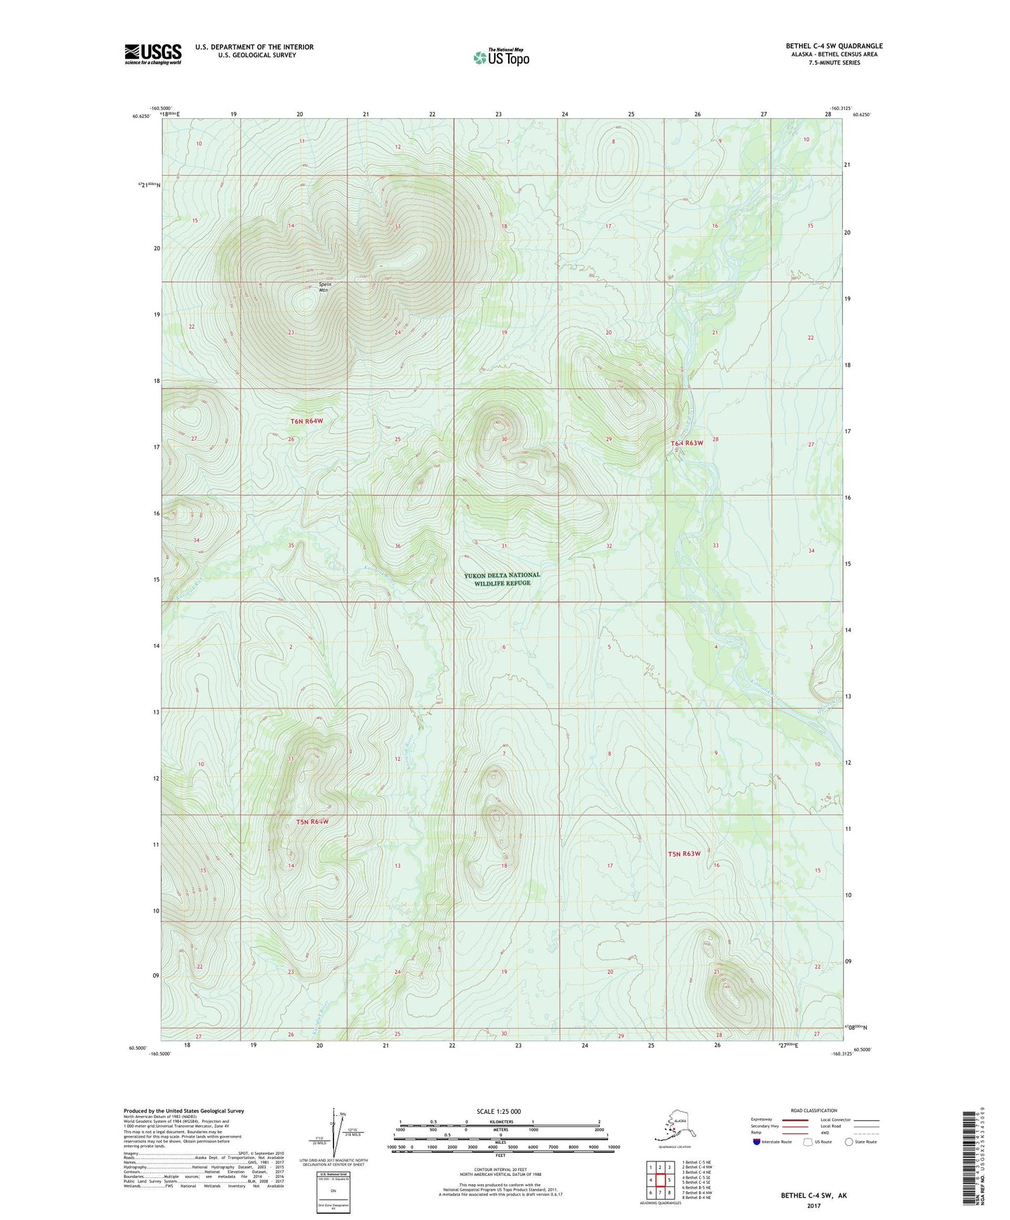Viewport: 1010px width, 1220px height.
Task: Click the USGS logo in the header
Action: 152,54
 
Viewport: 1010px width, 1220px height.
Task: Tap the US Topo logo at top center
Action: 500,57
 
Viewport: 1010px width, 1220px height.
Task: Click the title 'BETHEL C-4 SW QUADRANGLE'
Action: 834,46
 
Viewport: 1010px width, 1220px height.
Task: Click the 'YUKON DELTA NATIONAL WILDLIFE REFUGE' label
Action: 502,579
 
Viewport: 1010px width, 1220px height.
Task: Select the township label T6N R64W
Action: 307,421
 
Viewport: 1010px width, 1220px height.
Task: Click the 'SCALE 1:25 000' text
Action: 498,1112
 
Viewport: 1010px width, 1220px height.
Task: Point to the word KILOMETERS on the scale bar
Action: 499,1121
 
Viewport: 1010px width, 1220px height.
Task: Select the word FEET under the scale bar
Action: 500,1156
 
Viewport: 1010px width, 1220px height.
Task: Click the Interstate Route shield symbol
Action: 758,1142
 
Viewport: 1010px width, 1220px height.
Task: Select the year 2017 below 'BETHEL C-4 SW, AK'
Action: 813,1206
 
